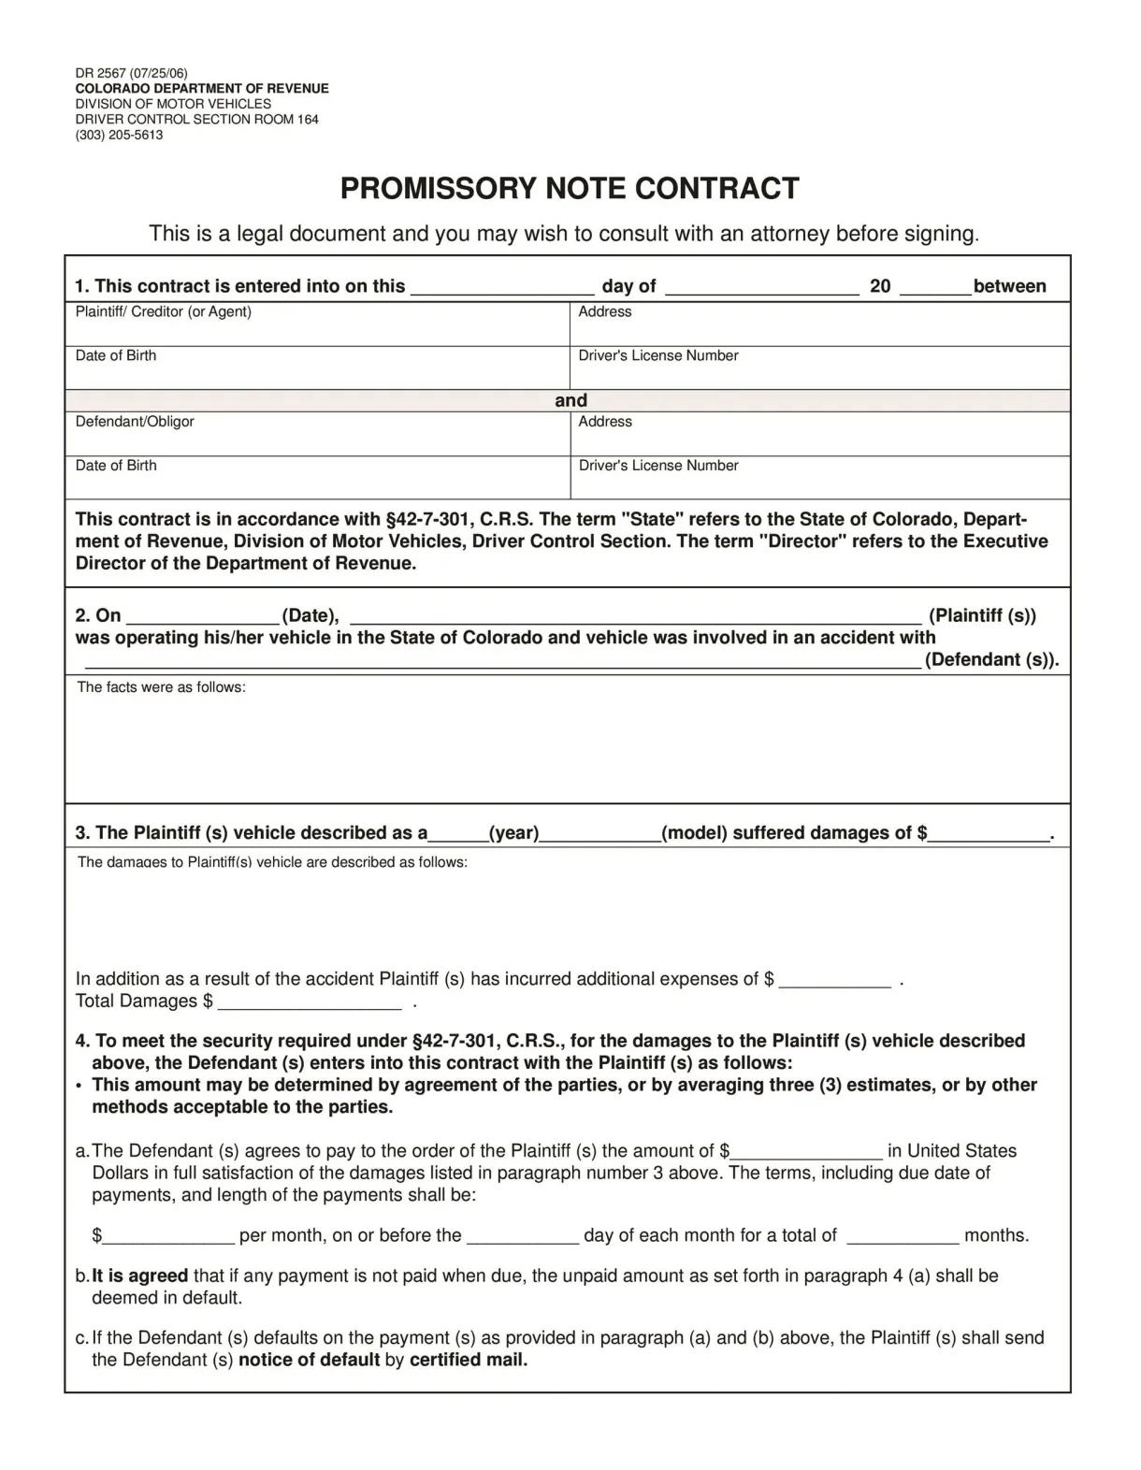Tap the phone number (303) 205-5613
pyautogui.click(x=119, y=135)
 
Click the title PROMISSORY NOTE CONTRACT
pyautogui.click(x=570, y=189)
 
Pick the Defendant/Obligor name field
pyautogui.click(x=317, y=440)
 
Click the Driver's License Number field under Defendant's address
pyautogui.click(x=819, y=483)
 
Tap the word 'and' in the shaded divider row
pyautogui.click(x=570, y=400)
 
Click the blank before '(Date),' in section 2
pyautogui.click(x=203, y=617)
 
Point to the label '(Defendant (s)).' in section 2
pyautogui.click(x=992, y=660)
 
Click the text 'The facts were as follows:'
pyautogui.click(x=161, y=688)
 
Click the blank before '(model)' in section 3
pyautogui.click(x=600, y=835)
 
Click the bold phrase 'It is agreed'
pyautogui.click(x=140, y=1276)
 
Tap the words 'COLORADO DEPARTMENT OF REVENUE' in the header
pyautogui.click(x=202, y=89)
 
